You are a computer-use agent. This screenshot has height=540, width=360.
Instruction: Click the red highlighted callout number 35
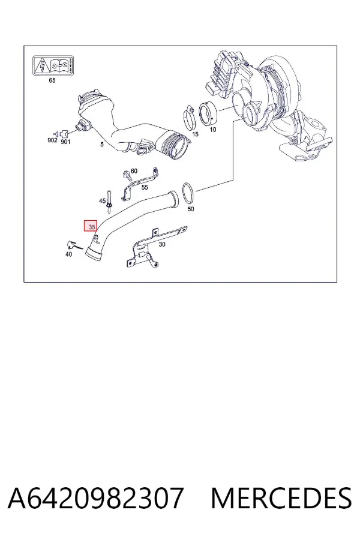[x=91, y=226]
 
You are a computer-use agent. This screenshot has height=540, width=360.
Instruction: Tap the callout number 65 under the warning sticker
[x=52, y=80]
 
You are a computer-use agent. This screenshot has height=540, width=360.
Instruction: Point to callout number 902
[x=52, y=140]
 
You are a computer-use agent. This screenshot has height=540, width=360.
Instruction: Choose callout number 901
[x=65, y=142]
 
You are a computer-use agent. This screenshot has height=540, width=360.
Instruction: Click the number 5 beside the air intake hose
[x=102, y=145]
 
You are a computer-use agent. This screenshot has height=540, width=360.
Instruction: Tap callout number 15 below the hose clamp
[x=195, y=134]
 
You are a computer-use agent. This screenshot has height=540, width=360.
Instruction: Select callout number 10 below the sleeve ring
[x=213, y=130]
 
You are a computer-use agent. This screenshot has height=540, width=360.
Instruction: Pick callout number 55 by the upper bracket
[x=145, y=187]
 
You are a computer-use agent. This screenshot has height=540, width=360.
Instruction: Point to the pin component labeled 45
[x=109, y=199]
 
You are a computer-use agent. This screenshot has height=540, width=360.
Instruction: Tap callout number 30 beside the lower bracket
[x=162, y=244]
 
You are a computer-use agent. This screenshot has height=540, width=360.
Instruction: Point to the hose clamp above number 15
[x=190, y=117]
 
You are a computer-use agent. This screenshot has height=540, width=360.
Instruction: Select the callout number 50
[x=191, y=209]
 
